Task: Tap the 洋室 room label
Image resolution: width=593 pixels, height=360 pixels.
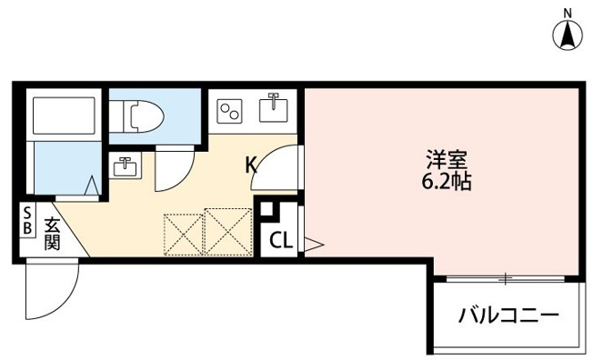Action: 446,159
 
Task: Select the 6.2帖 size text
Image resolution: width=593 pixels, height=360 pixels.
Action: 446,182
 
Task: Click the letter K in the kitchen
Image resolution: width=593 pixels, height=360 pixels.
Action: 251,165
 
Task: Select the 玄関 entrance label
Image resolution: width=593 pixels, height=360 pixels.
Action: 52,234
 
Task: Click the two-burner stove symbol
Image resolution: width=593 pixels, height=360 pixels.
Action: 229,112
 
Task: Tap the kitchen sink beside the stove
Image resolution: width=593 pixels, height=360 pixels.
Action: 272,111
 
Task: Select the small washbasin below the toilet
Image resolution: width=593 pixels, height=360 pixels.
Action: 125,167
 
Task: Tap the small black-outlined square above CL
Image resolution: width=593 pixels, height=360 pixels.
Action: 266,209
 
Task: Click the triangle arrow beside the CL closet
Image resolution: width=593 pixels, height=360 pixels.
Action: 311,243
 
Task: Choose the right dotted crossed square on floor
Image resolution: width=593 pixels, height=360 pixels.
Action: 226,230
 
